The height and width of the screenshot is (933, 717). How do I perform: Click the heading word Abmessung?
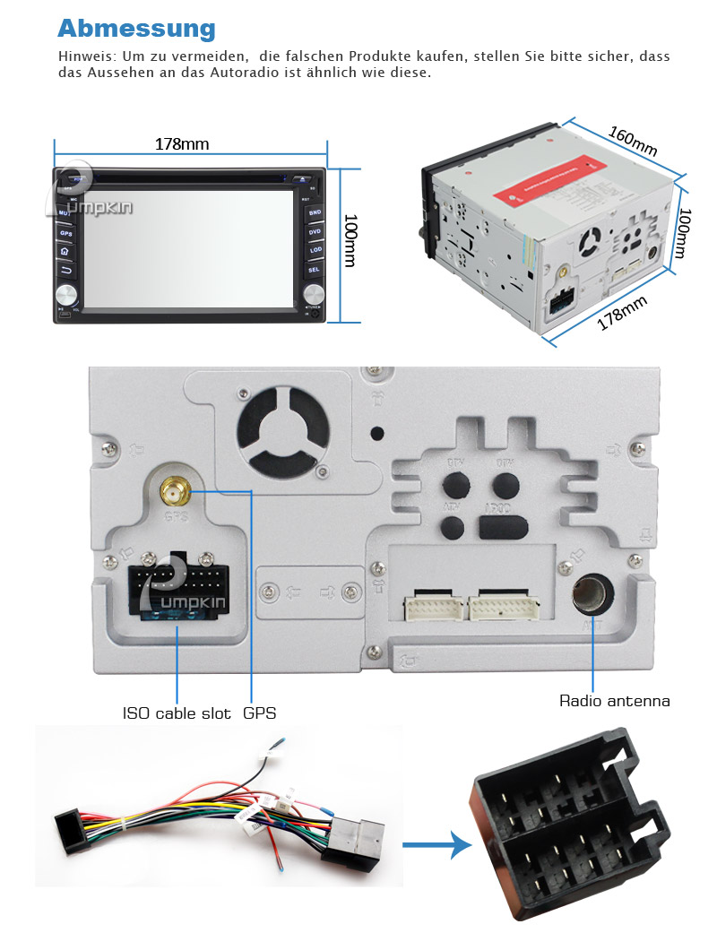(x=136, y=28)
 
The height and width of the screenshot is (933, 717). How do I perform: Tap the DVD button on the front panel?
(x=315, y=231)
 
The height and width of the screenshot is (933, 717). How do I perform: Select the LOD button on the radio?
(x=315, y=250)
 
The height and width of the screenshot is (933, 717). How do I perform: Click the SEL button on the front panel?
(x=314, y=269)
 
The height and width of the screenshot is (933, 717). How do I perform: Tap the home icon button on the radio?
(x=65, y=251)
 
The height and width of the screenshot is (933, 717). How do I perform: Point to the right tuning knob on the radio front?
(x=313, y=294)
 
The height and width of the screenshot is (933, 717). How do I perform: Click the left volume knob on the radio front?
(x=65, y=295)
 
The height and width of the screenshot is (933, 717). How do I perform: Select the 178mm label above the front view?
(x=175, y=143)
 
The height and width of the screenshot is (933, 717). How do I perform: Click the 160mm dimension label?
(x=633, y=141)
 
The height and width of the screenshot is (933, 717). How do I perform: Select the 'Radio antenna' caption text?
(x=615, y=701)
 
